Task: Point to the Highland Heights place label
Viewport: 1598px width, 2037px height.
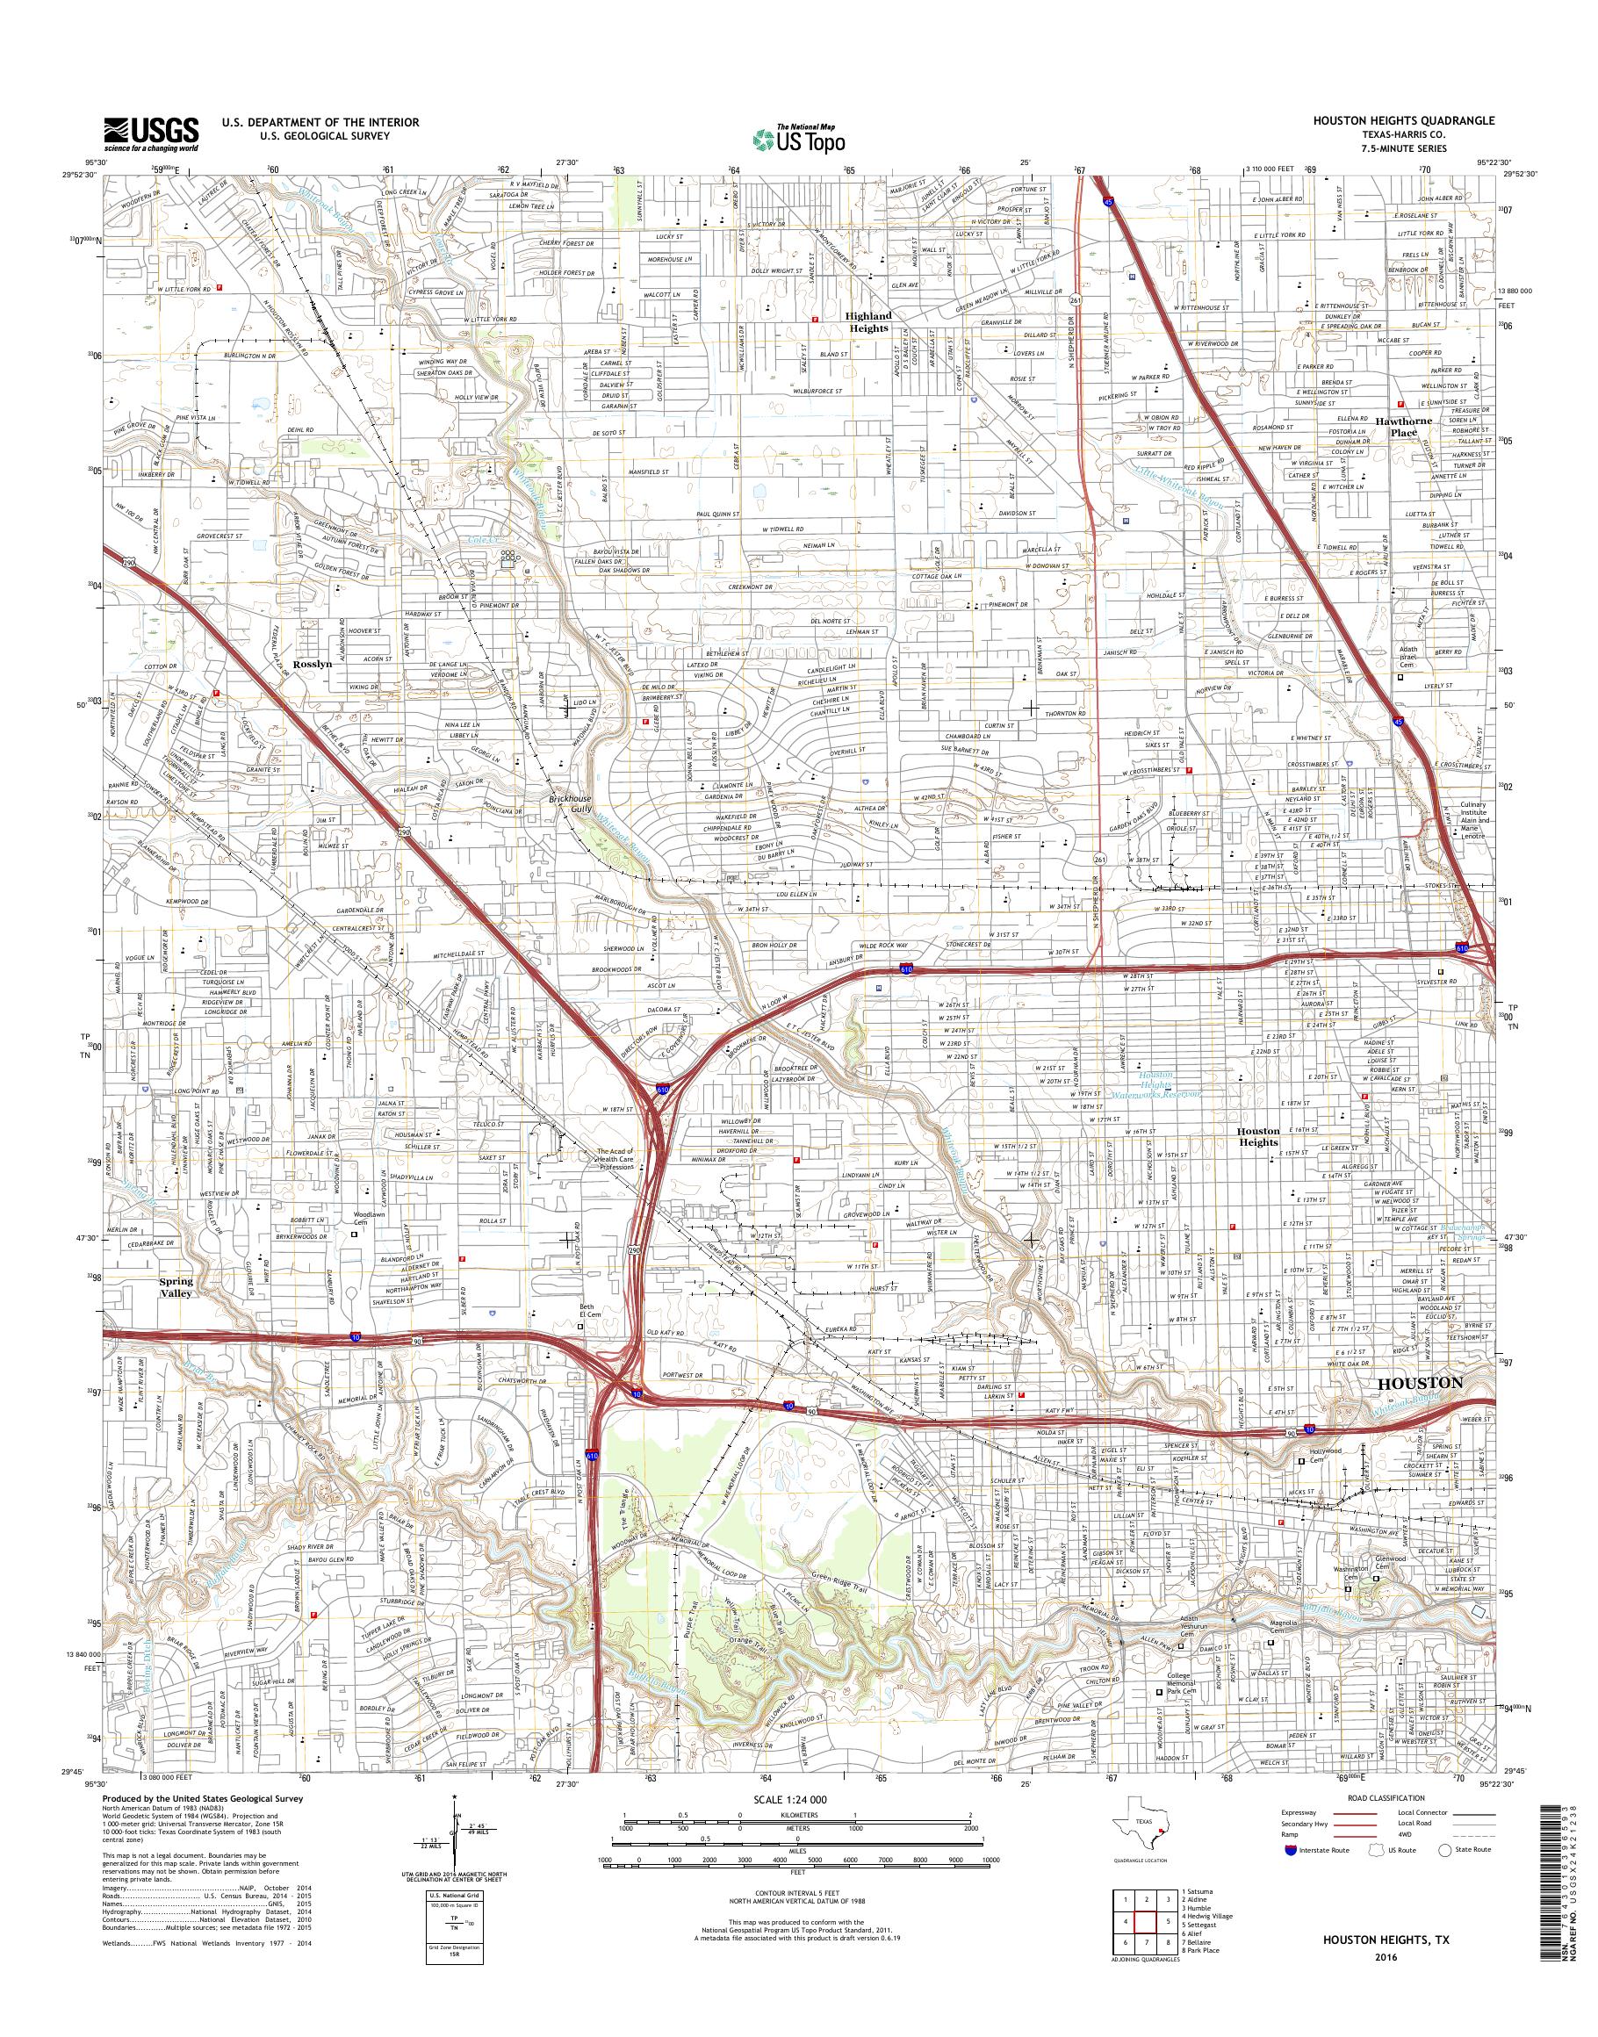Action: (x=869, y=322)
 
